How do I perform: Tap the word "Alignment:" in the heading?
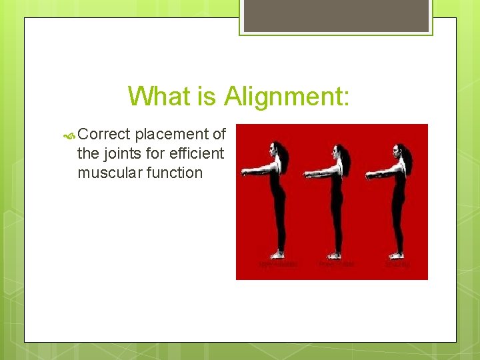point(287,96)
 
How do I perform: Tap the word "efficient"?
point(195,153)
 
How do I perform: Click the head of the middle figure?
point(337,152)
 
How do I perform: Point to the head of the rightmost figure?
point(399,152)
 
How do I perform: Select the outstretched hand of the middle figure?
point(307,175)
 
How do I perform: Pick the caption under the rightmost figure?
point(397,265)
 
